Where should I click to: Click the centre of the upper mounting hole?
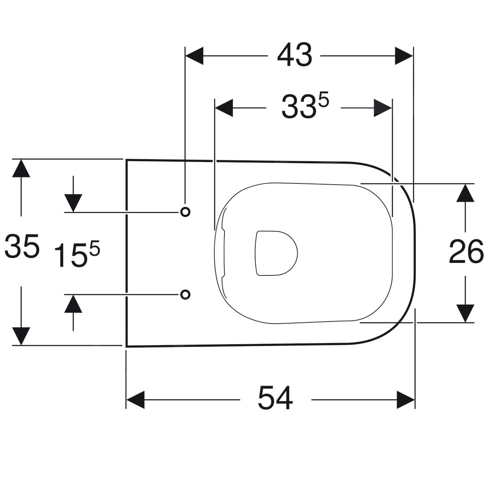pyautogui.click(x=185, y=212)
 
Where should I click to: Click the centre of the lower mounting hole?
pyautogui.click(x=185, y=294)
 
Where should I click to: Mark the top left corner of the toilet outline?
pyautogui.click(x=126, y=160)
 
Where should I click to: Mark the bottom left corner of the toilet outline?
pyautogui.click(x=126, y=347)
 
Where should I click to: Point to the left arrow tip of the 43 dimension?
pyautogui.click(x=185, y=56)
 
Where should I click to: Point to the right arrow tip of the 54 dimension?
pyautogui.click(x=415, y=400)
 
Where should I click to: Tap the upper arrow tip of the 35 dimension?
pyautogui.click(x=21, y=160)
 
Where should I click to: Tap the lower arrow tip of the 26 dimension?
pyautogui.click(x=465, y=322)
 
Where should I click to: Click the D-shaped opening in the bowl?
pyautogui.click(x=277, y=253)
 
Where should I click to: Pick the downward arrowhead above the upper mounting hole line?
pyautogui.click(x=73, y=203)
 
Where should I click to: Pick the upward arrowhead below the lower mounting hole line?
pyautogui.click(x=73, y=304)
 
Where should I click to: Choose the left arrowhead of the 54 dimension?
pyautogui.click(x=135, y=400)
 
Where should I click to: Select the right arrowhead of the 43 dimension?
pyautogui.click(x=404, y=56)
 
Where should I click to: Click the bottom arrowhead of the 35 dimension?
pyautogui.click(x=21, y=336)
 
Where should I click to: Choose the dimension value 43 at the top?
pyautogui.click(x=294, y=55)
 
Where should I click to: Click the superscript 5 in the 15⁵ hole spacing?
pyautogui.click(x=95, y=248)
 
